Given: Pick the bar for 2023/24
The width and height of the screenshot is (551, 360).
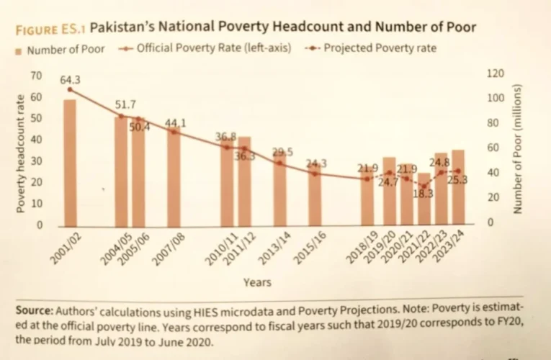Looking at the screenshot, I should (x=458, y=187).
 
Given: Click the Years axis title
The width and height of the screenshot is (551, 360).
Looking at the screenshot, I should (x=257, y=283).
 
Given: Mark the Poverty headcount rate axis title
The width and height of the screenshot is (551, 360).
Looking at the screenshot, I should (x=21, y=151).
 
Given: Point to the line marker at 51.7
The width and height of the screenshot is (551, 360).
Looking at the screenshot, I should (x=121, y=116).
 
